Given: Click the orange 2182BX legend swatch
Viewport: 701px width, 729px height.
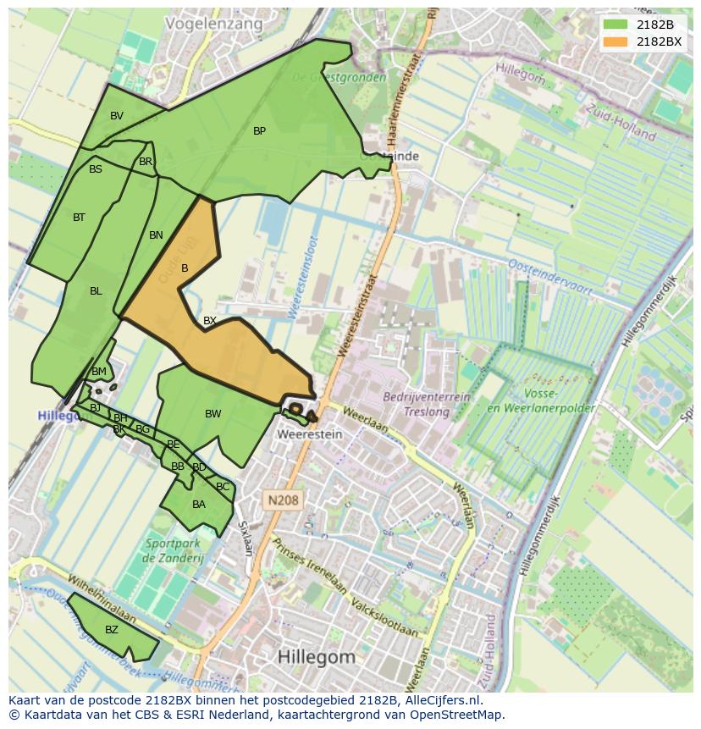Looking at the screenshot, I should click(615, 41).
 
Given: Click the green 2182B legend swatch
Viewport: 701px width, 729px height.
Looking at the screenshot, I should click(615, 25).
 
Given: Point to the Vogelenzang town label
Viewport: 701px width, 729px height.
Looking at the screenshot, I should click(214, 24).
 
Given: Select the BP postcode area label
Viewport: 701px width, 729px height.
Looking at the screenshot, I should click(259, 130).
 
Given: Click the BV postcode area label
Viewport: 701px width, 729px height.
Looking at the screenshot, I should click(117, 116).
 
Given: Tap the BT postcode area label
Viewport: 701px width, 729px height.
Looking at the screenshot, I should click(79, 218).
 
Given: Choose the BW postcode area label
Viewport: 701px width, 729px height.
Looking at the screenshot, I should click(213, 414).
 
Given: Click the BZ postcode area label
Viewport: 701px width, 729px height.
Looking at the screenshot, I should click(112, 630).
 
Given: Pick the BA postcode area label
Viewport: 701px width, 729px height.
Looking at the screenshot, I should click(199, 505).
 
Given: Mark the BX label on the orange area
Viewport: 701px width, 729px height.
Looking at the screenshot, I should click(209, 321).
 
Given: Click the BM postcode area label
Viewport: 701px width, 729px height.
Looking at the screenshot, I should click(99, 372).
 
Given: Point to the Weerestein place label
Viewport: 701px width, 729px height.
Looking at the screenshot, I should click(310, 434).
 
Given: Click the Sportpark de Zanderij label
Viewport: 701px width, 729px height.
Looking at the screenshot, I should click(174, 551).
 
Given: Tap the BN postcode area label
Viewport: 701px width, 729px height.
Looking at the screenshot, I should click(156, 235).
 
